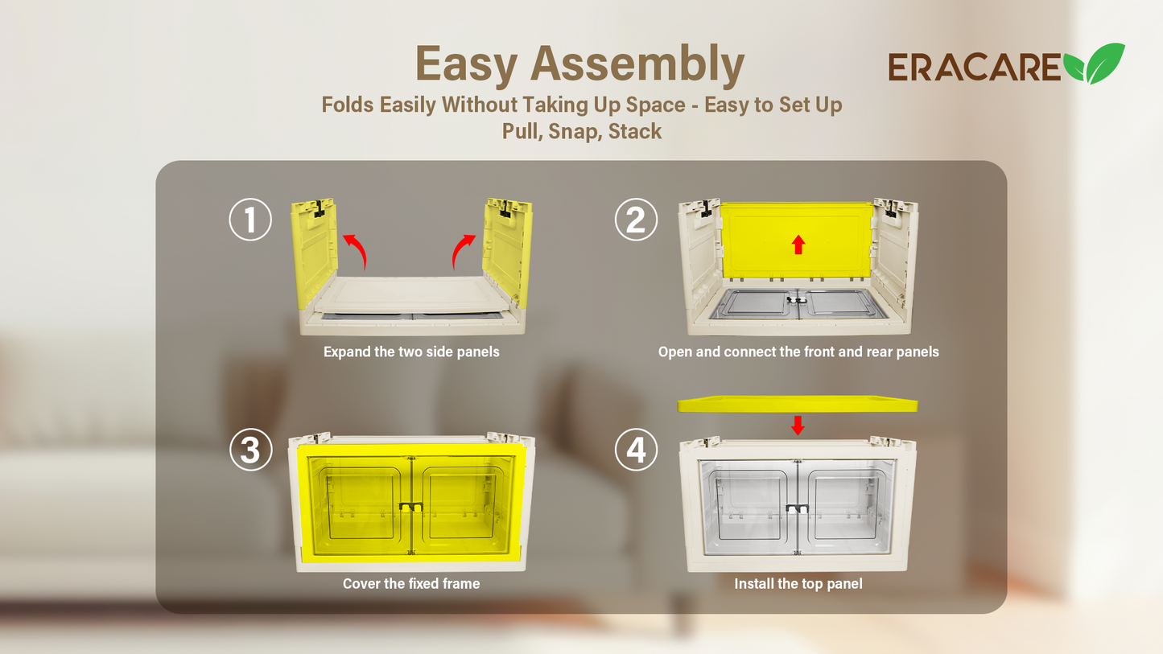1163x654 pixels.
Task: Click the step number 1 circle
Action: (x=250, y=219)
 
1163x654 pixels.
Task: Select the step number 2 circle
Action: (x=636, y=219)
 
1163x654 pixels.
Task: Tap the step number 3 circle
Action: (x=250, y=450)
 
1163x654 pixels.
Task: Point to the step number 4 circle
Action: (x=636, y=450)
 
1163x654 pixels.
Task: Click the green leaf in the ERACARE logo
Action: (x=1095, y=64)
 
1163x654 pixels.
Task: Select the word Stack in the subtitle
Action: (x=635, y=131)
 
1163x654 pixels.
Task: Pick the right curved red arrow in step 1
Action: (x=464, y=250)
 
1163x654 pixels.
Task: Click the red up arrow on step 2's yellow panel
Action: (x=798, y=245)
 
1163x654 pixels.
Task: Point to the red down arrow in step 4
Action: (x=798, y=426)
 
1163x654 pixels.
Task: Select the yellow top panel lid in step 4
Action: (x=797, y=404)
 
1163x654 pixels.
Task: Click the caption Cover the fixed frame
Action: (x=411, y=584)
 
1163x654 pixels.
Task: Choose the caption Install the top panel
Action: (x=798, y=584)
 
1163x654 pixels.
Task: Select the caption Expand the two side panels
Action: (x=411, y=352)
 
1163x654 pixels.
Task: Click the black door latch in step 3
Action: (x=411, y=508)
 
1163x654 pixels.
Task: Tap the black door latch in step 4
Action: (x=797, y=509)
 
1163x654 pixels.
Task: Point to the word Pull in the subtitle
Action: (x=520, y=131)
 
